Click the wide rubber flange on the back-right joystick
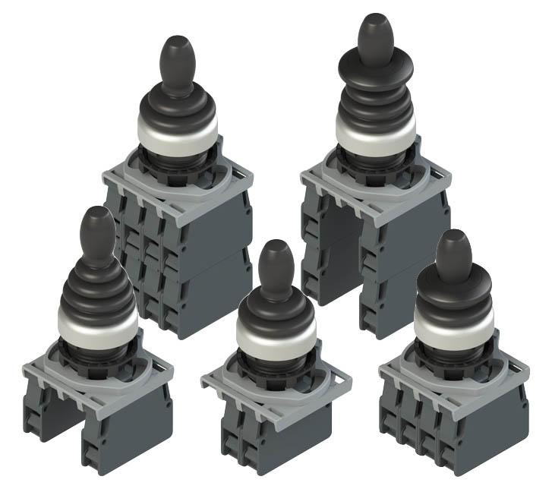coord(375,77)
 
